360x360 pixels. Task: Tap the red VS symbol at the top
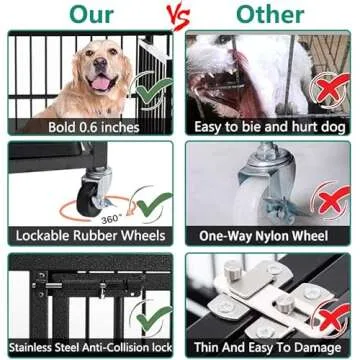tap(179, 16)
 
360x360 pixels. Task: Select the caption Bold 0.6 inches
tap(90, 126)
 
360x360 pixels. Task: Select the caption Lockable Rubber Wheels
tap(90, 236)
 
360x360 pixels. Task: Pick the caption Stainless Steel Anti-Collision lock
tap(90, 347)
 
